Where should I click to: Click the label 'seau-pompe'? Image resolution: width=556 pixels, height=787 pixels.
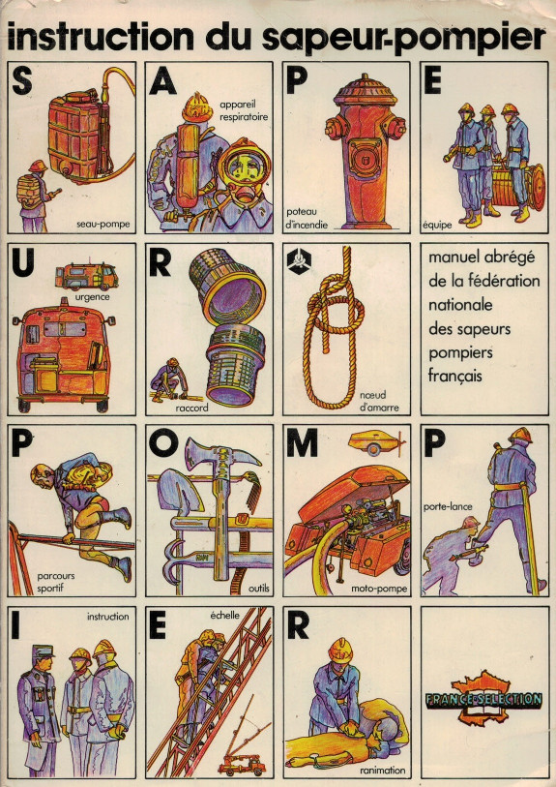tap(102, 225)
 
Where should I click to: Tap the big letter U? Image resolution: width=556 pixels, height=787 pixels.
tap(23, 263)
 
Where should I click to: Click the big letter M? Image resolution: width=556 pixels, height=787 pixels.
tap(303, 444)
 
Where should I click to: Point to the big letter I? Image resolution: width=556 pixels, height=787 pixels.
tap(15, 626)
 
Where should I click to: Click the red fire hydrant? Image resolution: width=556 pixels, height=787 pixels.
tap(365, 151)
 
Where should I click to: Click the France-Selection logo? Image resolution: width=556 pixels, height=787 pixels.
tap(483, 699)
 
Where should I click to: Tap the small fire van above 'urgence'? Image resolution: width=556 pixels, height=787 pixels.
tap(86, 276)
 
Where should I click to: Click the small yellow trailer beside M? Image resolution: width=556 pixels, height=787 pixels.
tap(376, 442)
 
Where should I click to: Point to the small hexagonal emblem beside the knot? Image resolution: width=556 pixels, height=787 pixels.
tap(299, 260)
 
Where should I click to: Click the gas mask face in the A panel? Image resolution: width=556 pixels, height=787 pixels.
tap(245, 172)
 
